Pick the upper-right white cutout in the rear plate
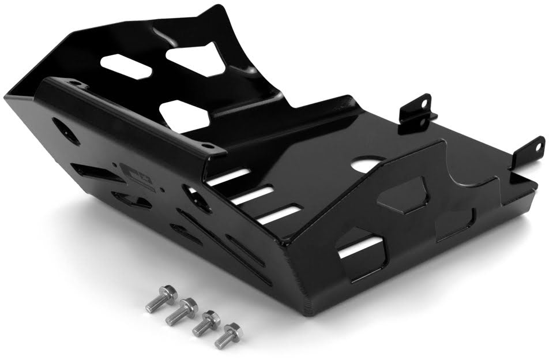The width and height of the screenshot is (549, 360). point(196,59)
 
